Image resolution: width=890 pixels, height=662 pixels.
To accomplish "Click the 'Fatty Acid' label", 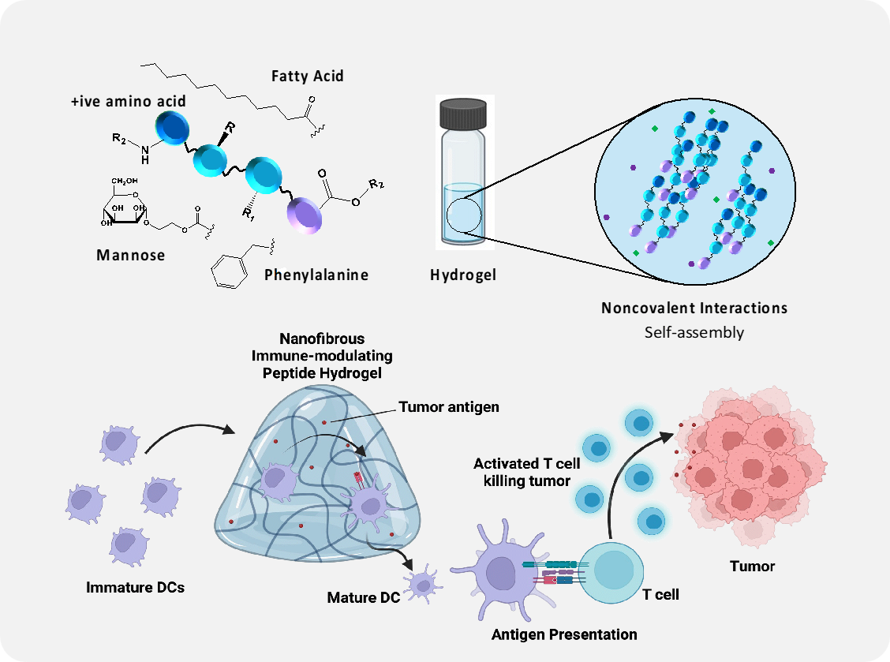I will coord(307,76).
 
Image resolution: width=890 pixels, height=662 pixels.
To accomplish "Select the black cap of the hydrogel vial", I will coord(465,114).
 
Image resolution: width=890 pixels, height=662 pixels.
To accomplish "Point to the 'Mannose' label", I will coord(130,254).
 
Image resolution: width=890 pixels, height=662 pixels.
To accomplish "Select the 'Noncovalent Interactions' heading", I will coord(694,307).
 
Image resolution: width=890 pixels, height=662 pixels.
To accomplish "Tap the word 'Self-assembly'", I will coord(694,331).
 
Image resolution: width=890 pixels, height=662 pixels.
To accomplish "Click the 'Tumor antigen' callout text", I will coord(449,407).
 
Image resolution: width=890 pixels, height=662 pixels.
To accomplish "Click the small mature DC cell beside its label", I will coord(424,585).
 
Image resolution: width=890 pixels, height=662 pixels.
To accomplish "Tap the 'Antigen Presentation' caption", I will coord(564,634).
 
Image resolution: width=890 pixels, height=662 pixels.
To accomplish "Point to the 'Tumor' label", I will coord(752,566).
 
